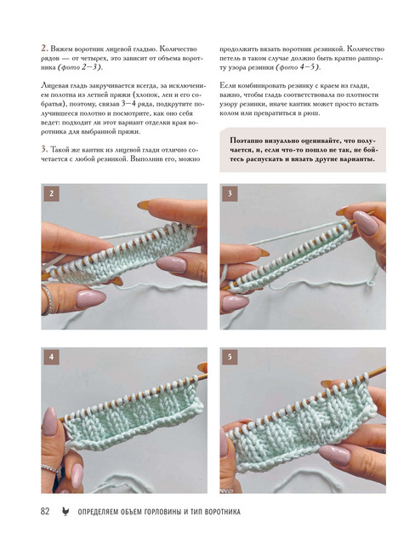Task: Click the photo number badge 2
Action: pos(51,193)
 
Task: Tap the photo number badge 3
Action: pos(230,193)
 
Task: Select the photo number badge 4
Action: pos(51,357)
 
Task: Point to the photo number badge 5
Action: pos(230,357)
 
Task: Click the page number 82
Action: pos(45,511)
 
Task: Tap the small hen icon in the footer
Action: pos(65,511)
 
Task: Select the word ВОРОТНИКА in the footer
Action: pos(223,512)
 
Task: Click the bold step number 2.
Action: pos(44,49)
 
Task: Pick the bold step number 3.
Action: pos(44,150)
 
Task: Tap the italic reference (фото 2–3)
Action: pos(81,67)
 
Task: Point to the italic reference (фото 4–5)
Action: pos(298,67)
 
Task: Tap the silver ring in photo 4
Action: pos(51,468)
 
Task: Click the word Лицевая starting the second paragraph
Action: pos(53,86)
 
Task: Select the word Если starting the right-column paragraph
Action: pos(226,85)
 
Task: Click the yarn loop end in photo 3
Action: pos(371,283)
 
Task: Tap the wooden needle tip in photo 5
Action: pos(384,368)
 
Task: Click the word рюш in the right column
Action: pos(311,113)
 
